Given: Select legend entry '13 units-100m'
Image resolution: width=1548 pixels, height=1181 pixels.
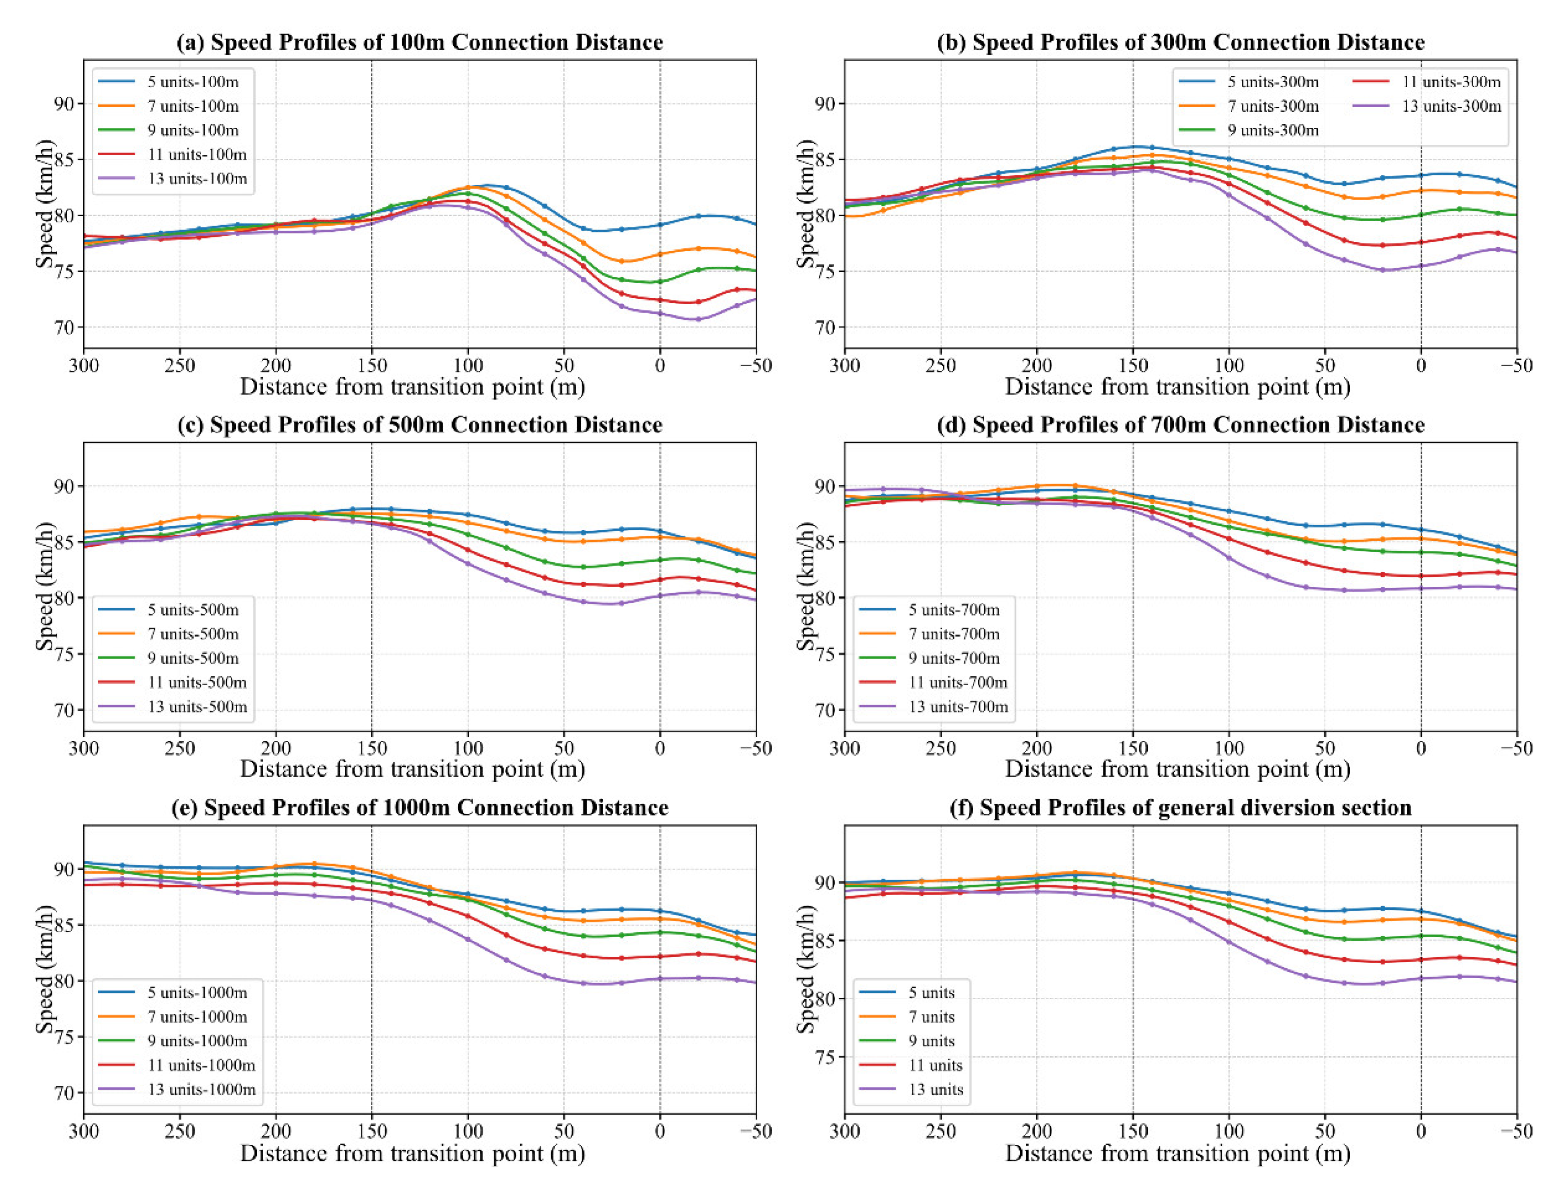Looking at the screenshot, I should pyautogui.click(x=197, y=179).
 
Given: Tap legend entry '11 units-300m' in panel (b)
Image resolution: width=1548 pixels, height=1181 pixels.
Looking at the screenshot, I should pyautogui.click(x=1450, y=82).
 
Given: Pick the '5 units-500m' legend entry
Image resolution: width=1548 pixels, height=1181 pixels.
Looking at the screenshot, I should pyautogui.click(x=193, y=610).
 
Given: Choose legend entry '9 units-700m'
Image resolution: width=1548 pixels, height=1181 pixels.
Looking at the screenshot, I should pyautogui.click(x=954, y=658).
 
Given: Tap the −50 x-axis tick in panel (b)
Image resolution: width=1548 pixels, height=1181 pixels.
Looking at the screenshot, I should pyautogui.click(x=1516, y=365).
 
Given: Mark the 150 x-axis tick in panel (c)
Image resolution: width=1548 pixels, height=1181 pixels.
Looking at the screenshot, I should pyautogui.click(x=371, y=748).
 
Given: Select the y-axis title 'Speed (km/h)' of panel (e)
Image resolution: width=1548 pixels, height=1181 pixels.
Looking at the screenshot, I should pyautogui.click(x=45, y=970).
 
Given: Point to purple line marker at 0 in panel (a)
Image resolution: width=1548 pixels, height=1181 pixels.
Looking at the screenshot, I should pyautogui.click(x=660, y=314).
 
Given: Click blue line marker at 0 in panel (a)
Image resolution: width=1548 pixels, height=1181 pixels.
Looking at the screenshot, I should pyautogui.click(x=660, y=225).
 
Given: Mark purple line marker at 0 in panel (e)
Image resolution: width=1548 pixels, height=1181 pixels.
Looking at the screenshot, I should pyautogui.click(x=660, y=979).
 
